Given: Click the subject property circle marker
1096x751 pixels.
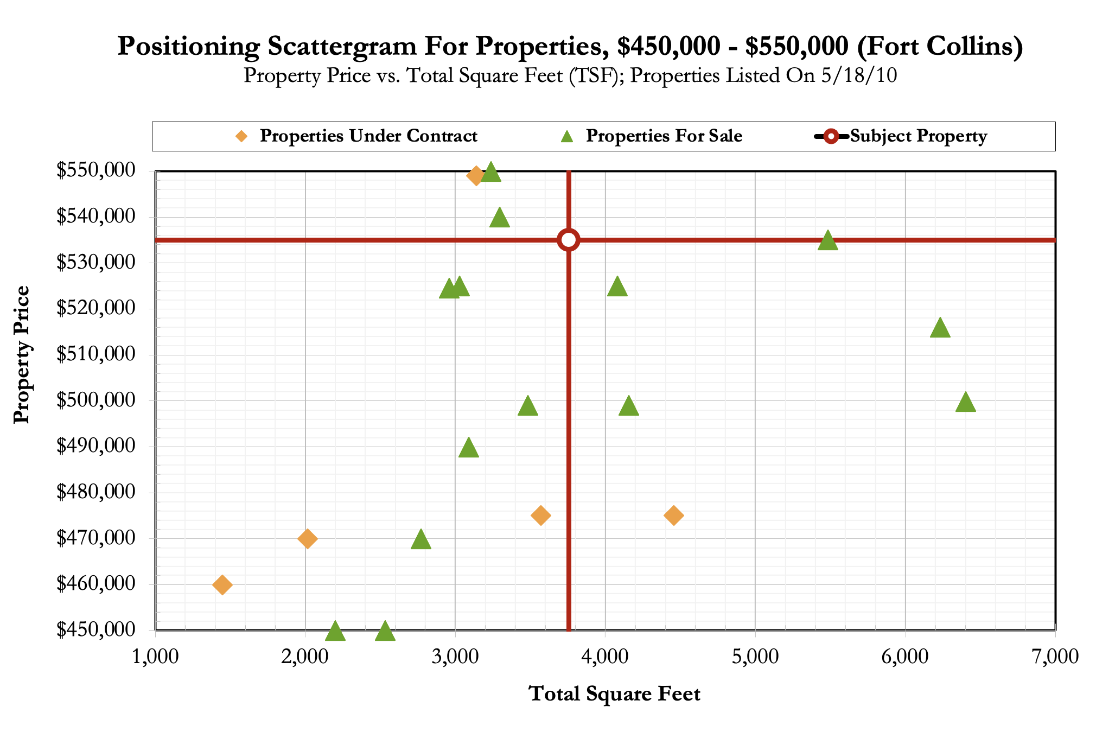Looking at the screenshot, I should pyautogui.click(x=569, y=240).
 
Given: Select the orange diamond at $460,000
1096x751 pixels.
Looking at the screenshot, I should pyautogui.click(x=222, y=585).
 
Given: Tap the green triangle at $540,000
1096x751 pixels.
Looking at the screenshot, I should pyautogui.click(x=500, y=218).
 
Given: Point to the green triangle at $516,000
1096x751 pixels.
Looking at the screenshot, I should pyautogui.click(x=940, y=328).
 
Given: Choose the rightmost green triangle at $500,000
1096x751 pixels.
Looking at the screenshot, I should pyautogui.click(x=965, y=403).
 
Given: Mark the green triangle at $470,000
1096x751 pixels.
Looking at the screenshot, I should pyautogui.click(x=421, y=540).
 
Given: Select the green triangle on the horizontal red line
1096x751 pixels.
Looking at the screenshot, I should pyautogui.click(x=827, y=240).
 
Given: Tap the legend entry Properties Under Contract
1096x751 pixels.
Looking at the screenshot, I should pyautogui.click(x=368, y=136).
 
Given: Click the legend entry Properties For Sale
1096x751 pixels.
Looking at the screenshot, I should pyautogui.click(x=664, y=136).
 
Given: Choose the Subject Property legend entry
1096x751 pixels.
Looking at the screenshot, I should pyautogui.click(x=918, y=136).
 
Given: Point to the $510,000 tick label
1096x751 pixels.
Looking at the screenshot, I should pyautogui.click(x=95, y=354).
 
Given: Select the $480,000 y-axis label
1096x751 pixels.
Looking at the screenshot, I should pyautogui.click(x=95, y=492).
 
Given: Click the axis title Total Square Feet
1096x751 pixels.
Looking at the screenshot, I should pyautogui.click(x=614, y=694).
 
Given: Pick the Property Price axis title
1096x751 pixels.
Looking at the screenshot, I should pyautogui.click(x=22, y=354).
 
